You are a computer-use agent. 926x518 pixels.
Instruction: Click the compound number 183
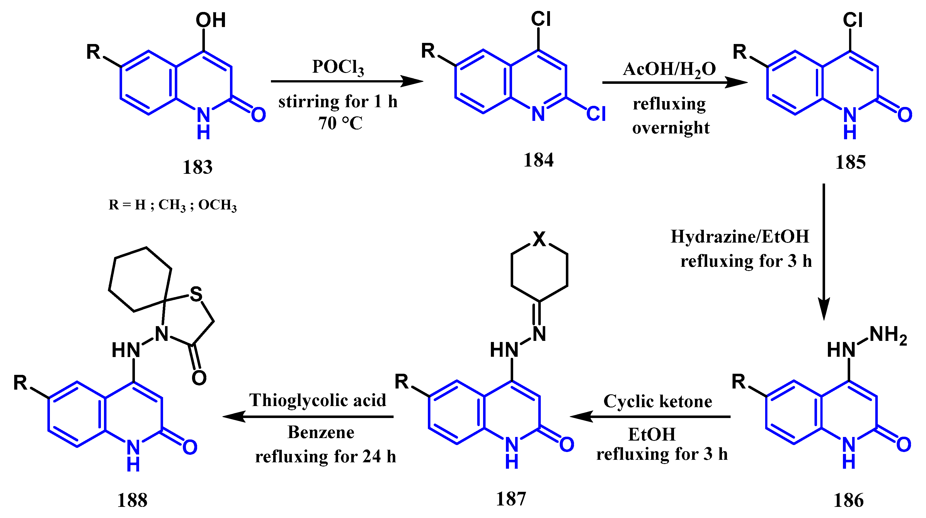pos(197,167)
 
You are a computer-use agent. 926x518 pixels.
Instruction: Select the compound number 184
pos(538,160)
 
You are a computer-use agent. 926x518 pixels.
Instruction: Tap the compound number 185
pos(850,162)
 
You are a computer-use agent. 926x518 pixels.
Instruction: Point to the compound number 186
pos(848,500)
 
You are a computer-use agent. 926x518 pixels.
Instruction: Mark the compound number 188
pos(132,500)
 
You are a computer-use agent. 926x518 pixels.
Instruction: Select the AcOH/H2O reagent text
pos(669,69)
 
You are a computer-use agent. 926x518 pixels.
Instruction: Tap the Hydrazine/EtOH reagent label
pos(740,237)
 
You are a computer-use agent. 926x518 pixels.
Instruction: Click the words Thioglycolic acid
pos(318,400)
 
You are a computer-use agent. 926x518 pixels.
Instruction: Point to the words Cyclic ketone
pos(658,401)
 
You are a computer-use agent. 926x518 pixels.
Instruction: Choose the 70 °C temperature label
pos(340,123)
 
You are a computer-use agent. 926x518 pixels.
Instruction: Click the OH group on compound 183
pos(211,20)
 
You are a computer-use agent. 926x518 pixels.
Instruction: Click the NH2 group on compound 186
pos(888,335)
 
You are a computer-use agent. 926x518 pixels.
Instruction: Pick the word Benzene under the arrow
pos(321,432)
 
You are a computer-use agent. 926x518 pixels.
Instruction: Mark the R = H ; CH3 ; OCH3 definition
pos(173,205)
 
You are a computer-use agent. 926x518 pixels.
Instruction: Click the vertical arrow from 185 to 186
pos(823,251)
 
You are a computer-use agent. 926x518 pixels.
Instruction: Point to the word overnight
pos(671,128)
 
